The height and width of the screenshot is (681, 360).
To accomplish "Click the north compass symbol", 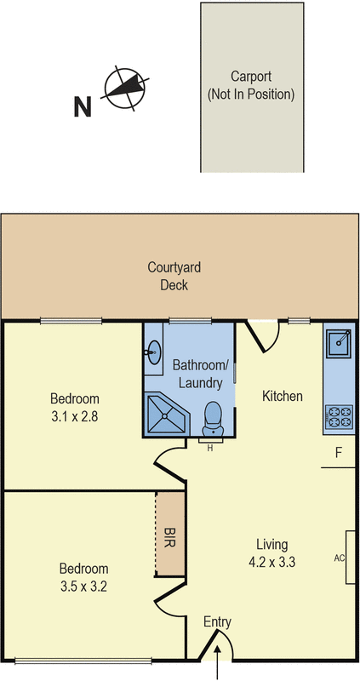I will click(125, 89).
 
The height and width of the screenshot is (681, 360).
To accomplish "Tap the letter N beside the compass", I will click(83, 107).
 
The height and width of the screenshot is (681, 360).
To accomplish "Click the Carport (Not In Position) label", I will click(251, 85).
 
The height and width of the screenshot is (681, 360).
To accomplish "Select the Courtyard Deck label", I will click(174, 276).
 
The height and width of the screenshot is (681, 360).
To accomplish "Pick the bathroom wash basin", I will click(154, 352).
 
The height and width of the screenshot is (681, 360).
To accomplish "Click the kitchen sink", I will click(340, 342).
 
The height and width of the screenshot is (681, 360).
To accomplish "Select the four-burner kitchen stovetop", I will click(340, 417).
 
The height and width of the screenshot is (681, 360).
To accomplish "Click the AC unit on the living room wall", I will click(350, 558).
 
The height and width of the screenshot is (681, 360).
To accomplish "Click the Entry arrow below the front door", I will click(220, 664).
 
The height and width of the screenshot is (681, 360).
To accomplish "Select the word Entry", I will click(217, 622).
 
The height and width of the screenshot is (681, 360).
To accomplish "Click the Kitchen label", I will click(282, 396).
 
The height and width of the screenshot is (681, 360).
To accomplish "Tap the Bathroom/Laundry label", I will click(197, 374).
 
